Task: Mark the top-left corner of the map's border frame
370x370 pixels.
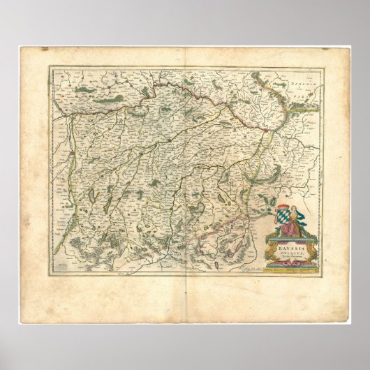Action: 49,67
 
